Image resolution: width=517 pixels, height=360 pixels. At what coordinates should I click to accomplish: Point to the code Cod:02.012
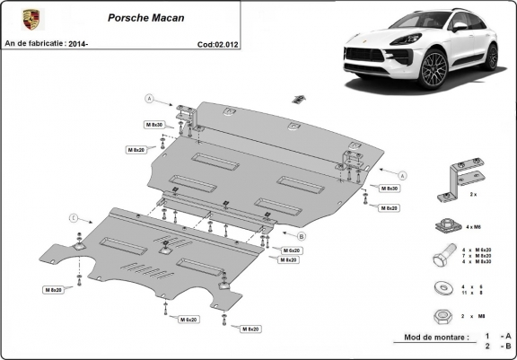click(218, 43)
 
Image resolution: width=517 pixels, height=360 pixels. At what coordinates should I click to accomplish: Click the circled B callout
click(302, 236)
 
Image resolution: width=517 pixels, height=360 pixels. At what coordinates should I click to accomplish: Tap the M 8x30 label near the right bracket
click(389, 189)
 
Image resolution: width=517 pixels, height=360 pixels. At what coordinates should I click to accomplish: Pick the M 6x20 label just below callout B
click(292, 250)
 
